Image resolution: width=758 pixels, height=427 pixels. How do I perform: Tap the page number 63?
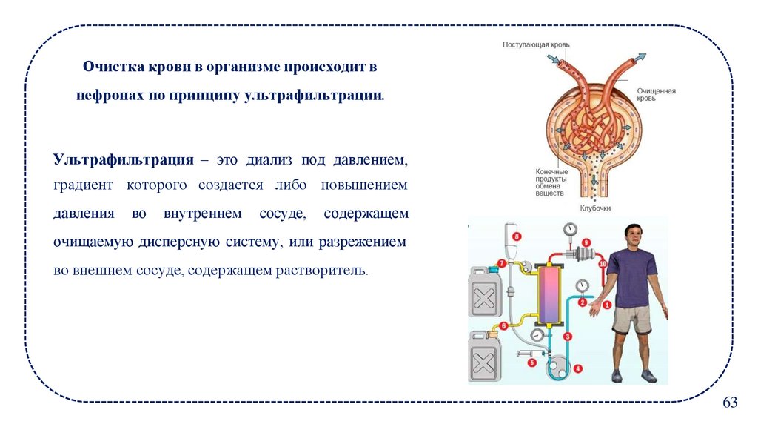pyautogui.click(x=730, y=403)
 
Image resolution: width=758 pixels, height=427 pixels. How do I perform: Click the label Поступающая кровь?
pyautogui.click(x=536, y=45)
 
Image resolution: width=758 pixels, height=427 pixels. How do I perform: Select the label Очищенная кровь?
pyautogui.click(x=656, y=95)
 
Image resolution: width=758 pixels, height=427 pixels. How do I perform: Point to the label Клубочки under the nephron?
pyautogui.click(x=595, y=208)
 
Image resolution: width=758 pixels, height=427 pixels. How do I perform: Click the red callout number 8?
pyautogui.click(x=517, y=236)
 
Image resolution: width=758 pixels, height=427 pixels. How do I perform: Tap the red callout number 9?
pyautogui.click(x=586, y=242)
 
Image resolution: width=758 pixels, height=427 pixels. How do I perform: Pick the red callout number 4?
pyautogui.click(x=577, y=368)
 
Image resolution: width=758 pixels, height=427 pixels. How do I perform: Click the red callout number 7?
pyautogui.click(x=502, y=262)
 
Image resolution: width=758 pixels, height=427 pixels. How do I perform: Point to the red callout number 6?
pyautogui.click(x=503, y=325)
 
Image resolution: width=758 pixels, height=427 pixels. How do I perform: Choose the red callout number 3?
pyautogui.click(x=568, y=336)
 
